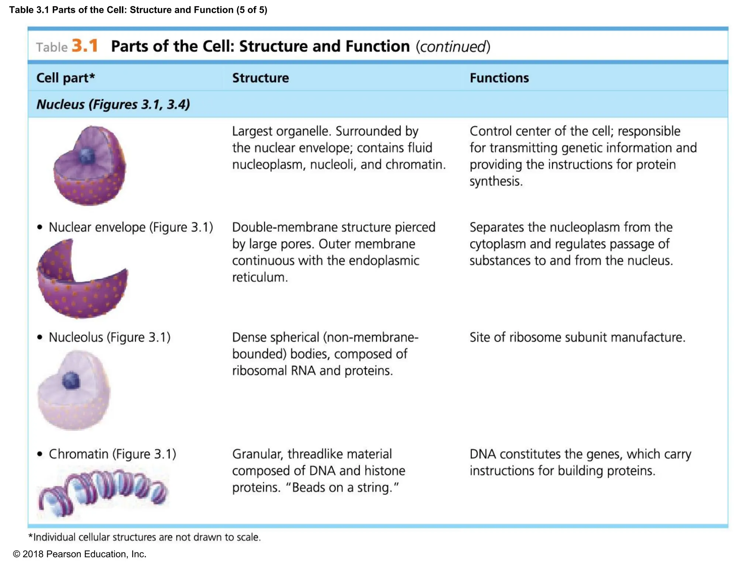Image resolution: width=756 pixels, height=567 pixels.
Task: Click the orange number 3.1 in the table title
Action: coord(85,46)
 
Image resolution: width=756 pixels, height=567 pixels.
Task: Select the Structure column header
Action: coord(260,78)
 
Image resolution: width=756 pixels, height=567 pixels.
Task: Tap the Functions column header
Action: coord(499,78)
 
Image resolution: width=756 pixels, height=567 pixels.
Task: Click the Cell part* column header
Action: coord(66,78)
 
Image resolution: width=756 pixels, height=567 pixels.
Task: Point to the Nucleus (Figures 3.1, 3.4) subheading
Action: coord(113,104)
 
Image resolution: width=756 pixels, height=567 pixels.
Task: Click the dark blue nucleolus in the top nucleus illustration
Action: coord(87,156)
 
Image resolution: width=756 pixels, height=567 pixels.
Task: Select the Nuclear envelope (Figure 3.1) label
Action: coord(131,227)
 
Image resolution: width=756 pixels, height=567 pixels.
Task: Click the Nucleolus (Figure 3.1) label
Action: coord(109,337)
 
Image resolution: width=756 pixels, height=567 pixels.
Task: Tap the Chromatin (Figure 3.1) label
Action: coord(112,454)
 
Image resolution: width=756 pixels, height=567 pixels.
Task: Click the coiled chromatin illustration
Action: coord(103,489)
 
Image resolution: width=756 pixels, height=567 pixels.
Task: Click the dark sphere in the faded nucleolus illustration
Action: coord(71,380)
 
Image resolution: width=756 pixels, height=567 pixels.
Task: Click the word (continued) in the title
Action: coord(453,47)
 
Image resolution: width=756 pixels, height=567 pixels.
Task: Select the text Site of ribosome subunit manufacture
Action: coord(577,337)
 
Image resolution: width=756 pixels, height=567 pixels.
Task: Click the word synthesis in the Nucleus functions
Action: coord(496,181)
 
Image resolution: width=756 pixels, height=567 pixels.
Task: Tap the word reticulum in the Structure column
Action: coord(260,277)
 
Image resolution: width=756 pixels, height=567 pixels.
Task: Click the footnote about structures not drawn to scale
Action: coord(144,537)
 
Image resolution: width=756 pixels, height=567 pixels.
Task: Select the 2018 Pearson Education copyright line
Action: coord(79,554)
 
